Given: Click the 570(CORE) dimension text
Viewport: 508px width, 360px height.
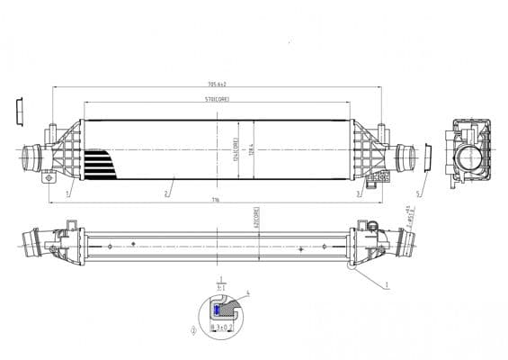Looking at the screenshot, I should (x=217, y=100).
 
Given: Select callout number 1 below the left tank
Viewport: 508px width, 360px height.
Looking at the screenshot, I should (x=67, y=193).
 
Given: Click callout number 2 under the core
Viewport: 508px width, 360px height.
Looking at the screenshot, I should (x=167, y=193).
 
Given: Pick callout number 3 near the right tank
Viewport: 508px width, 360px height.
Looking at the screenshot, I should (x=358, y=193).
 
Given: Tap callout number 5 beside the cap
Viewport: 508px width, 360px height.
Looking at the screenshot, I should (x=418, y=193).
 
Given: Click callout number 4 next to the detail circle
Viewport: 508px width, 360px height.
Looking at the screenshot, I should (x=247, y=294).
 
